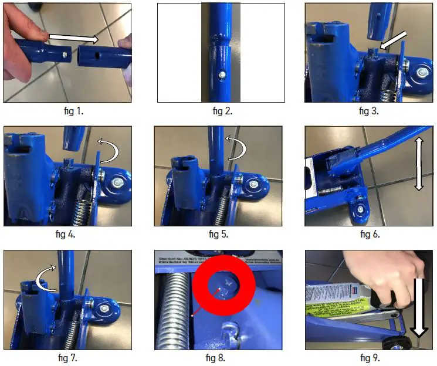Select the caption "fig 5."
tap(221, 234)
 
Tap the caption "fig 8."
tap(221, 357)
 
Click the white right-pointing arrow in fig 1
tap(73, 39)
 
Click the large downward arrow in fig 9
tap(421, 308)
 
